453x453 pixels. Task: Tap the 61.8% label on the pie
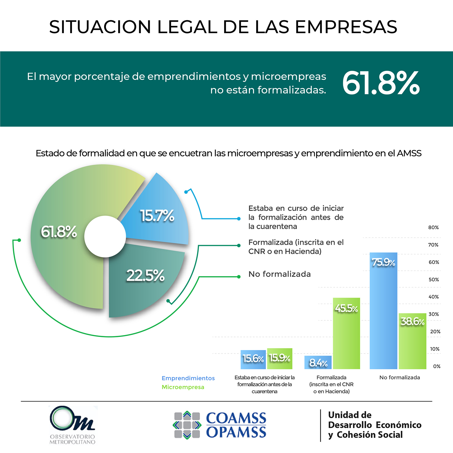pos(59,232)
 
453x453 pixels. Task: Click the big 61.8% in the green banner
pos(381,83)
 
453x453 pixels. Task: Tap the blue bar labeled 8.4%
pos(318,363)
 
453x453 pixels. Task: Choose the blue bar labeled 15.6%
pos(253,359)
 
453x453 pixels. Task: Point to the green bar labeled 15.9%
pos(280,358)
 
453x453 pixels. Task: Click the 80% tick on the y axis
pos(433,227)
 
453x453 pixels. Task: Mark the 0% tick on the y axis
pos(437,366)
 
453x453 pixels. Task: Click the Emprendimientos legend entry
pos(188,378)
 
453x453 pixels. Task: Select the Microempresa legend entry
pos(183,387)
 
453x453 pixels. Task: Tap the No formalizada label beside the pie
pos(279,274)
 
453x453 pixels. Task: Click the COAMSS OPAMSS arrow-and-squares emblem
pos(187,425)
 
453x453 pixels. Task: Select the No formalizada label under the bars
pos(399,377)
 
